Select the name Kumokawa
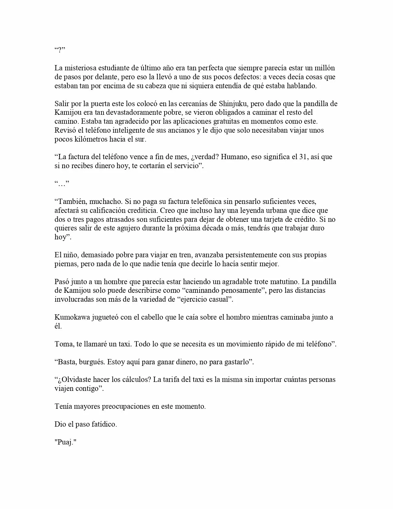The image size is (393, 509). click(72, 317)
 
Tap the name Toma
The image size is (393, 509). click(63, 344)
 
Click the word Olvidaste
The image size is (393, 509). click(76, 379)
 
